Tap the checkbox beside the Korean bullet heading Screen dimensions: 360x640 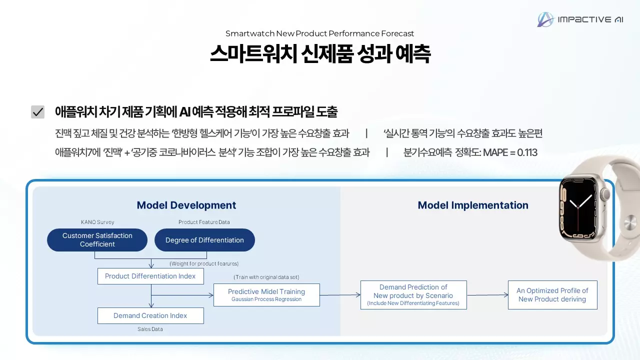(x=38, y=112)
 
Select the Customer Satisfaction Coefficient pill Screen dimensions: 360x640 (x=97, y=240)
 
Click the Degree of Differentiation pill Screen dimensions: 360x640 (x=204, y=240)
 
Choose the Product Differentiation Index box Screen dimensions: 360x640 (x=150, y=276)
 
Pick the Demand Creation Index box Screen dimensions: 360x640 (x=150, y=315)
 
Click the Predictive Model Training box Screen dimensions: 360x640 (x=266, y=295)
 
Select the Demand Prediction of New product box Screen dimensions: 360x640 (x=413, y=295)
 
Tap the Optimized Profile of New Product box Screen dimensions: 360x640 (x=552, y=295)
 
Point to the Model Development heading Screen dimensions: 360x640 (x=186, y=205)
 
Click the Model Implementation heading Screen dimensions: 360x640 (x=473, y=205)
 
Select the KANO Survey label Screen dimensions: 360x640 (x=97, y=222)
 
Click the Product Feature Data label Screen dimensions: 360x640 (x=204, y=222)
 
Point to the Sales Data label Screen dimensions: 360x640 (x=150, y=329)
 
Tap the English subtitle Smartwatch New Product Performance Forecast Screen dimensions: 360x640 (x=319, y=33)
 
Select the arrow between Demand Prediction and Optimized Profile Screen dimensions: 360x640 (x=487, y=295)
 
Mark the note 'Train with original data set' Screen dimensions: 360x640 (x=266, y=277)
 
